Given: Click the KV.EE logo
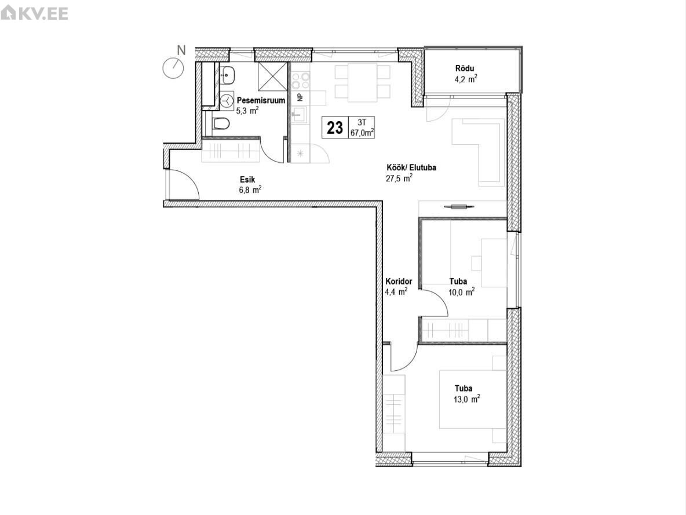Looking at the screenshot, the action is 35,13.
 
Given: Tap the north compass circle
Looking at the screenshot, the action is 173,68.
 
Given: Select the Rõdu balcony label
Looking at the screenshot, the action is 465,68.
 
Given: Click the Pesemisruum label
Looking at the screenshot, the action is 261,100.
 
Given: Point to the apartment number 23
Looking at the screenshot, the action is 335,128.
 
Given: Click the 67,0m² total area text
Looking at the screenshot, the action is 362,133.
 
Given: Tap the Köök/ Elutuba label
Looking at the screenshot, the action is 411,167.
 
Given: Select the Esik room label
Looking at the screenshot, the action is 247,180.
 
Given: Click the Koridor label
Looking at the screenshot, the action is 399,282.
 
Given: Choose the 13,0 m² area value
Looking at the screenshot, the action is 467,399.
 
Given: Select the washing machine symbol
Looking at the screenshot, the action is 227,101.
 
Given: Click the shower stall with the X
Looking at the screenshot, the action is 272,76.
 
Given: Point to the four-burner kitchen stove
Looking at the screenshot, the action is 301,81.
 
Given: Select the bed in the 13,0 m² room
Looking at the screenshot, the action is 473,399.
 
